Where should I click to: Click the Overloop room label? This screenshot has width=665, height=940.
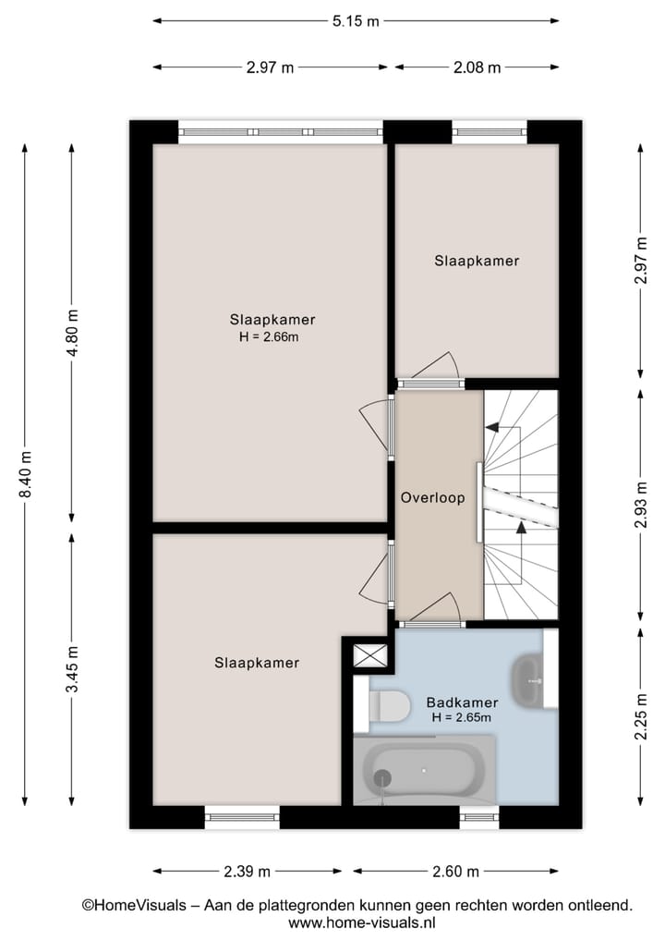coord(432,497)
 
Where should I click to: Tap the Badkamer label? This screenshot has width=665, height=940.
coord(462,702)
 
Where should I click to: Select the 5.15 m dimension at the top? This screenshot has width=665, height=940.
coord(356,20)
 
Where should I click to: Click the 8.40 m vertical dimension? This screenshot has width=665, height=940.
coord(26,473)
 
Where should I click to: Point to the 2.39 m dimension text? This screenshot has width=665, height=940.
coord(247,871)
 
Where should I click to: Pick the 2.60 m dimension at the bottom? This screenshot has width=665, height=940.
coord(455,871)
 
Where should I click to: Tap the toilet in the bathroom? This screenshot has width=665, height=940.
coord(388,706)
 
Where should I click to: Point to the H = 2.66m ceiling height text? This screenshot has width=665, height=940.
coord(269,336)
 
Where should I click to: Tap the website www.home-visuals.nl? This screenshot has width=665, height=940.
coord(362,922)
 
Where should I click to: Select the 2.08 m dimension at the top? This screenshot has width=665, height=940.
coord(477,67)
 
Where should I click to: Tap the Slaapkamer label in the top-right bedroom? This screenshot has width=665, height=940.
coord(477,261)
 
